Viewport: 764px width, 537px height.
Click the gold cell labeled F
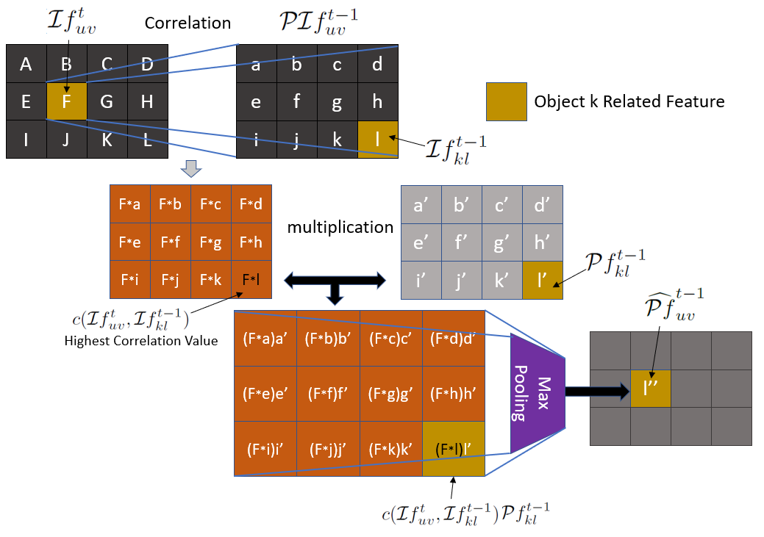pyautogui.click(x=66, y=101)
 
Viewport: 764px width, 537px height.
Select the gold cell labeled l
pyautogui.click(x=377, y=139)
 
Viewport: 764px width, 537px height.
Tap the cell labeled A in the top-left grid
pyautogui.click(x=26, y=64)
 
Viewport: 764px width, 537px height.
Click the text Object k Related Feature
pyautogui.click(x=629, y=101)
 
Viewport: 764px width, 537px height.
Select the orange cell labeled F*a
pyautogui.click(x=129, y=204)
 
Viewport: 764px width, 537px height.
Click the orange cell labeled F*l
pyautogui.click(x=251, y=279)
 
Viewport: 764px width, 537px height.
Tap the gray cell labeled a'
pyautogui.click(x=421, y=205)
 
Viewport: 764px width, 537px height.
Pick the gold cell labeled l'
pyautogui.click(x=543, y=280)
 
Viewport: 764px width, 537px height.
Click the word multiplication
pyautogui.click(x=340, y=227)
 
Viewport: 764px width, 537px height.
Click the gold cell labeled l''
pyautogui.click(x=651, y=389)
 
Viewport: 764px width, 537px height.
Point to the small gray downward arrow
pyautogui.click(x=190, y=169)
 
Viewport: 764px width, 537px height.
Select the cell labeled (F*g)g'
pyautogui.click(x=390, y=393)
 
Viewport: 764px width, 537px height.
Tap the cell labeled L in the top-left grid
pyautogui.click(x=147, y=139)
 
